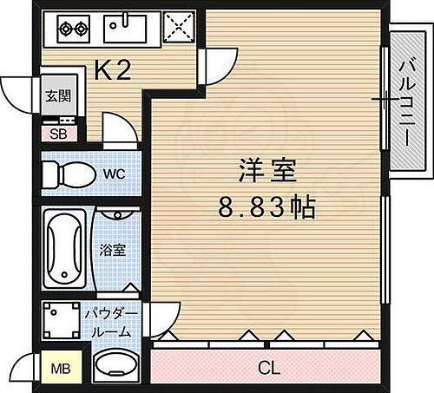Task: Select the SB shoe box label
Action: (57, 134)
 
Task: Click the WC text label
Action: (114, 174)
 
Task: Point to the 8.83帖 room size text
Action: (266, 207)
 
